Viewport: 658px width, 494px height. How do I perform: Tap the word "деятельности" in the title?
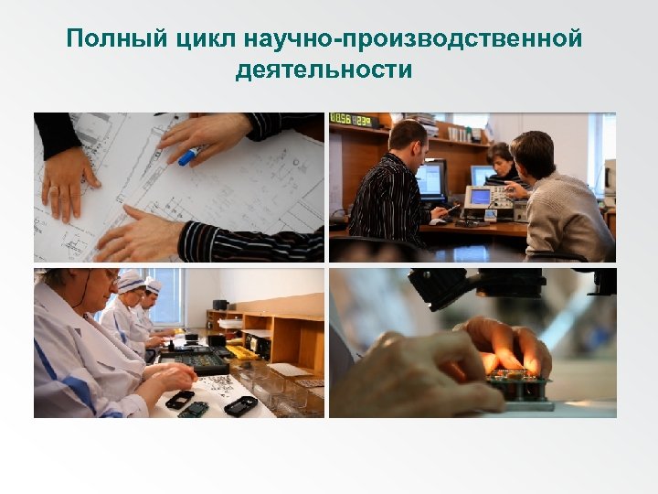[x=324, y=70]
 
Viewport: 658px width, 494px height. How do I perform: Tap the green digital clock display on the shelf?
[x=351, y=120]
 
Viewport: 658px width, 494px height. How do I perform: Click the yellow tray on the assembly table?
[x=241, y=350]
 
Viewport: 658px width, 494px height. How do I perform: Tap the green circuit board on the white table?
[x=193, y=408]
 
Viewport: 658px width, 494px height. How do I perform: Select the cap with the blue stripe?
[x=131, y=280]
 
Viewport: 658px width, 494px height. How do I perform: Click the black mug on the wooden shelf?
[x=218, y=305]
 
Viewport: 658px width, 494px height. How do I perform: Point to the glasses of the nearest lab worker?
[x=108, y=275]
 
